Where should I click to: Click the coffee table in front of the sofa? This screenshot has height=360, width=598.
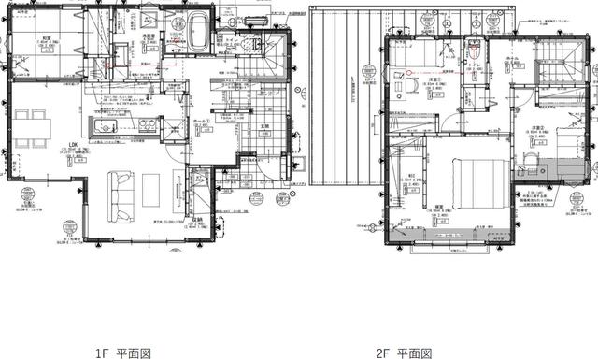pos(150,190)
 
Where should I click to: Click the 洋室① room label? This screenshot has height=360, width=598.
pos(435,80)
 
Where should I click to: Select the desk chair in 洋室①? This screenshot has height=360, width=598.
pos(409,83)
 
